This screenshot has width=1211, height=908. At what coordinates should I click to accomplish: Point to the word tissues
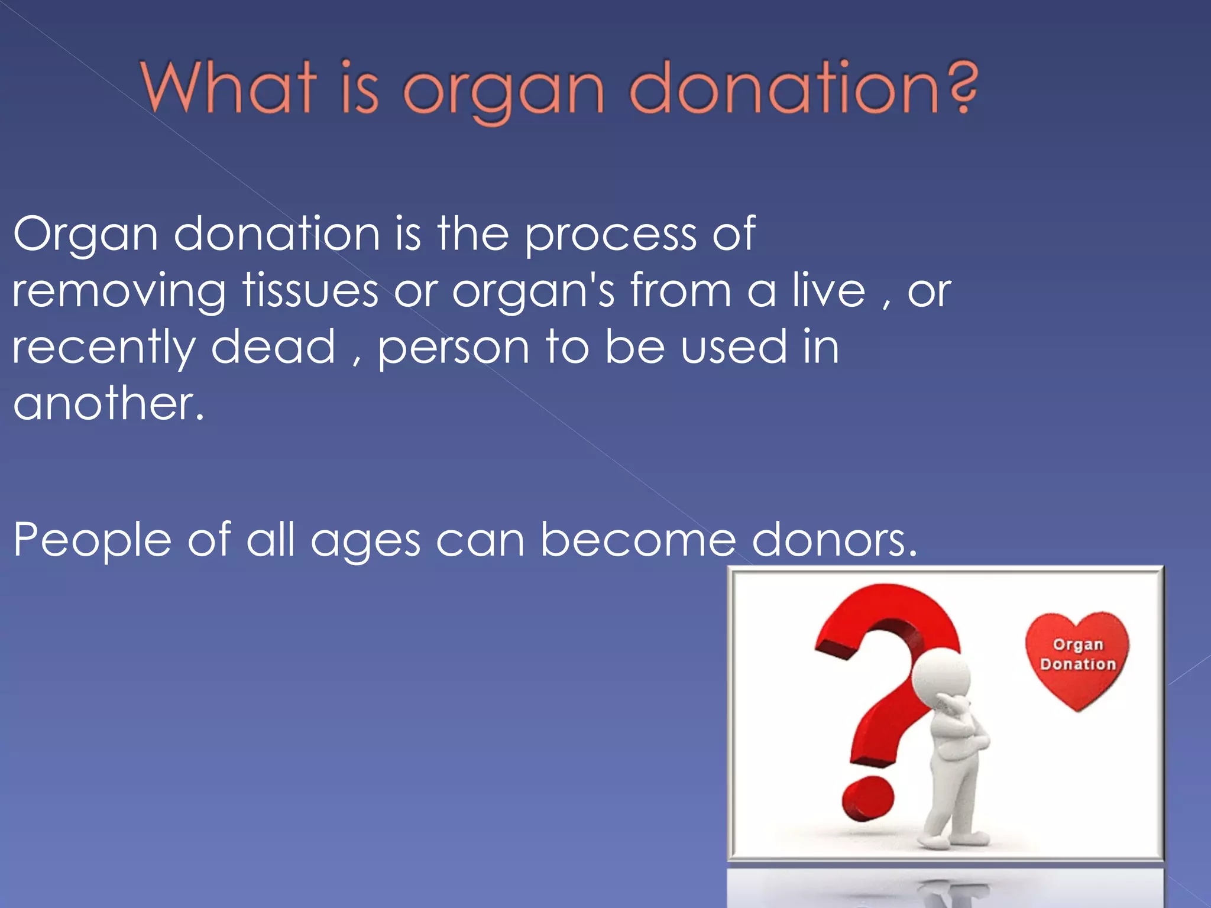(310, 291)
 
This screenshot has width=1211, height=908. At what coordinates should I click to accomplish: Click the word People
(92, 540)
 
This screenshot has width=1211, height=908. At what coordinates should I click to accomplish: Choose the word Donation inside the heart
(1077, 664)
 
